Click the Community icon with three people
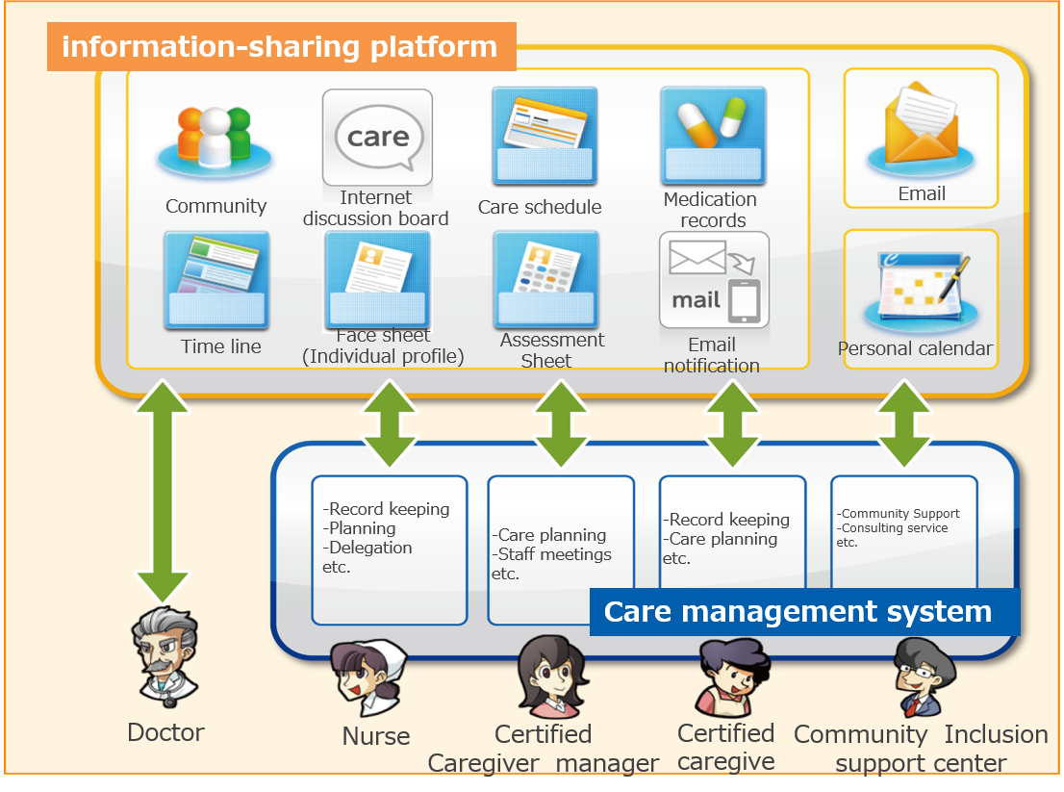point(215,140)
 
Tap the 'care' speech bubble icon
point(377,138)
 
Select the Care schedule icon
point(545,136)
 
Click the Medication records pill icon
point(713,136)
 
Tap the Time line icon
point(215,280)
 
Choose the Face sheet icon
point(377,280)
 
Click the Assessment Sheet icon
point(545,280)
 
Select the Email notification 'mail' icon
point(714,280)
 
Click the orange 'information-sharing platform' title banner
point(281,47)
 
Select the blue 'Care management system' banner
point(803,612)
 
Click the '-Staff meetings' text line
point(554,554)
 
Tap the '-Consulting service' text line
point(894,528)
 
